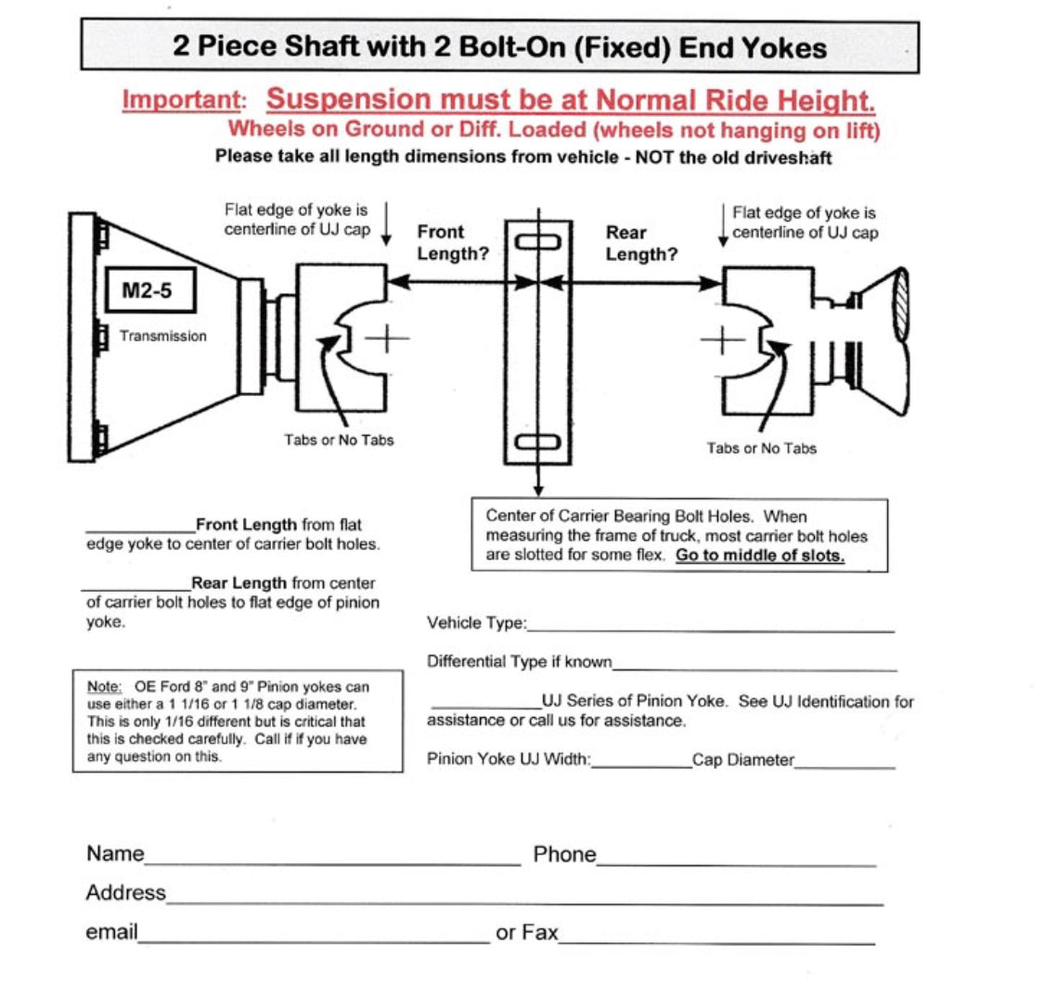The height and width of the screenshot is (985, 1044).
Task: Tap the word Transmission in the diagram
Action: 163,337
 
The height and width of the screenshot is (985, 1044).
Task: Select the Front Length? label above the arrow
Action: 453,243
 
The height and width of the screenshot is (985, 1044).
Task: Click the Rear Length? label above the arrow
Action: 641,243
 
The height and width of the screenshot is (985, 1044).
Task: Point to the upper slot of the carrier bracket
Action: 538,242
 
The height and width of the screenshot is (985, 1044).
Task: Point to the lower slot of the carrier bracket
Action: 538,442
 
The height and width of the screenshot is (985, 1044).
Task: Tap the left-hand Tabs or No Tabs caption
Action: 339,440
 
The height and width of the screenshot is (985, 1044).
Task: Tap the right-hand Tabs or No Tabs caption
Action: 762,449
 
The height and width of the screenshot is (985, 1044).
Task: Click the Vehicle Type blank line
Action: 710,631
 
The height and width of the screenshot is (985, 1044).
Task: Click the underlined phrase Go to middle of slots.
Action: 759,556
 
